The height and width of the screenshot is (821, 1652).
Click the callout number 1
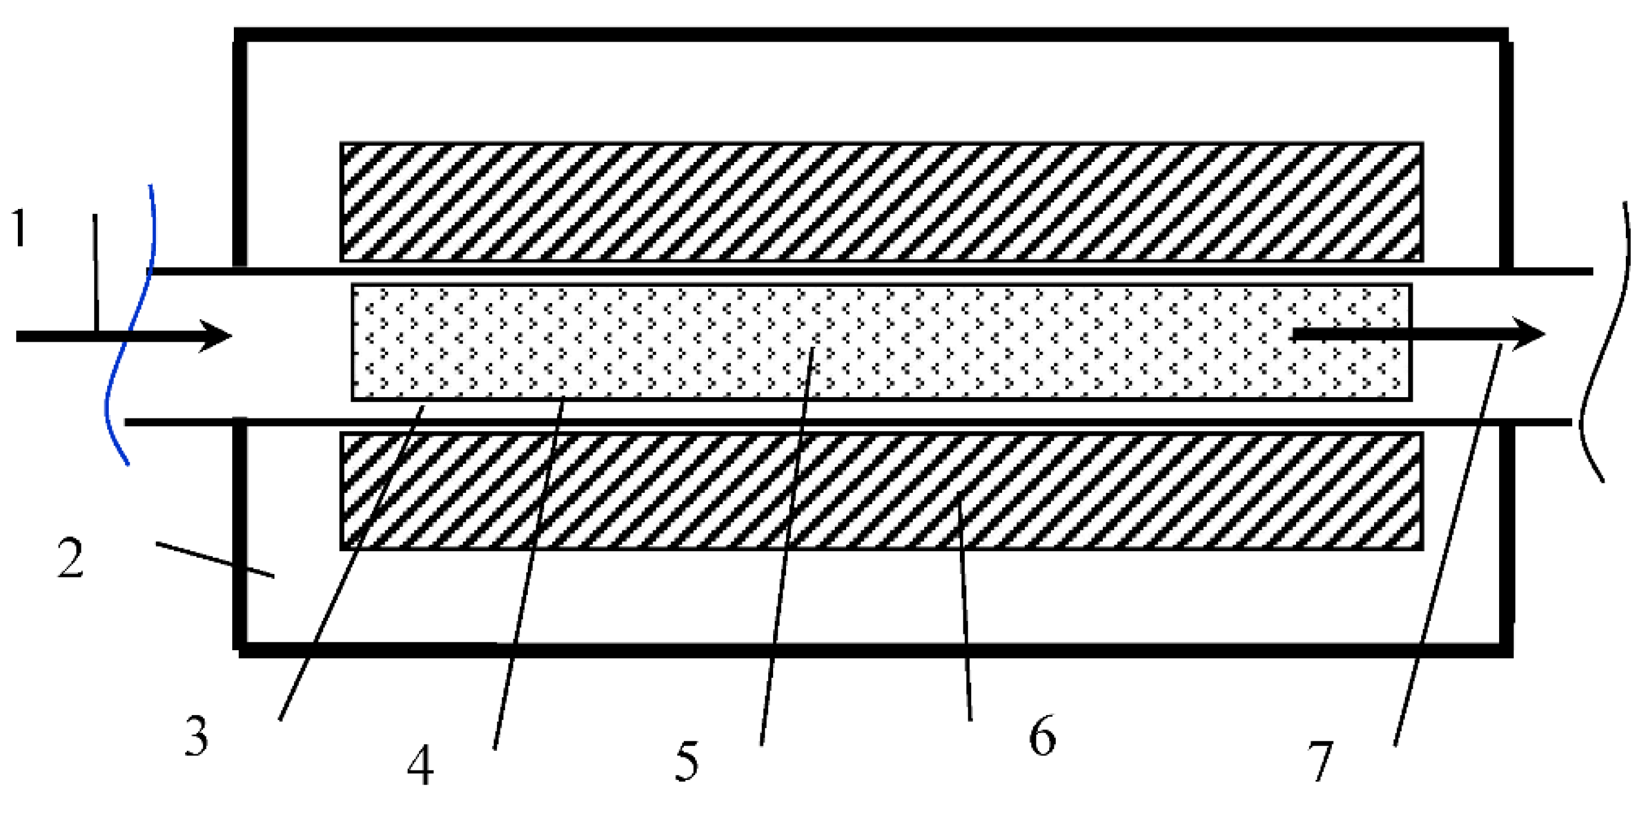coord(20,229)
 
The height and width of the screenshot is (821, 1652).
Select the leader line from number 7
coord(1449,545)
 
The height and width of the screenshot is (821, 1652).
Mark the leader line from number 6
coord(965,609)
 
